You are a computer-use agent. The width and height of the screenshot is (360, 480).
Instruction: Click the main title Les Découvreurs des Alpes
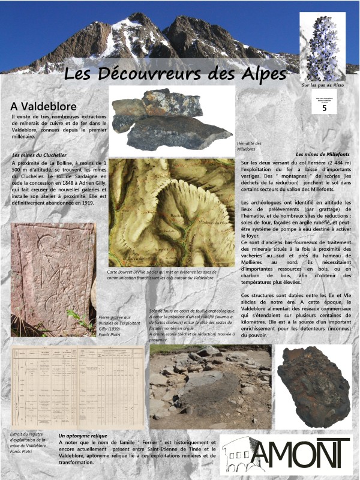point(175,74)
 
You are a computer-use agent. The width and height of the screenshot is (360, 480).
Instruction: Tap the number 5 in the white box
point(325,108)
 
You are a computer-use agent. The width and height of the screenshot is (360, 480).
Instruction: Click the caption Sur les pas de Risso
point(323,85)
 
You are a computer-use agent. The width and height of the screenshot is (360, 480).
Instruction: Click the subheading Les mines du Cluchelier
point(39,155)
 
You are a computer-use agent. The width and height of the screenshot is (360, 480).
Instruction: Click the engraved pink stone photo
point(53,278)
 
